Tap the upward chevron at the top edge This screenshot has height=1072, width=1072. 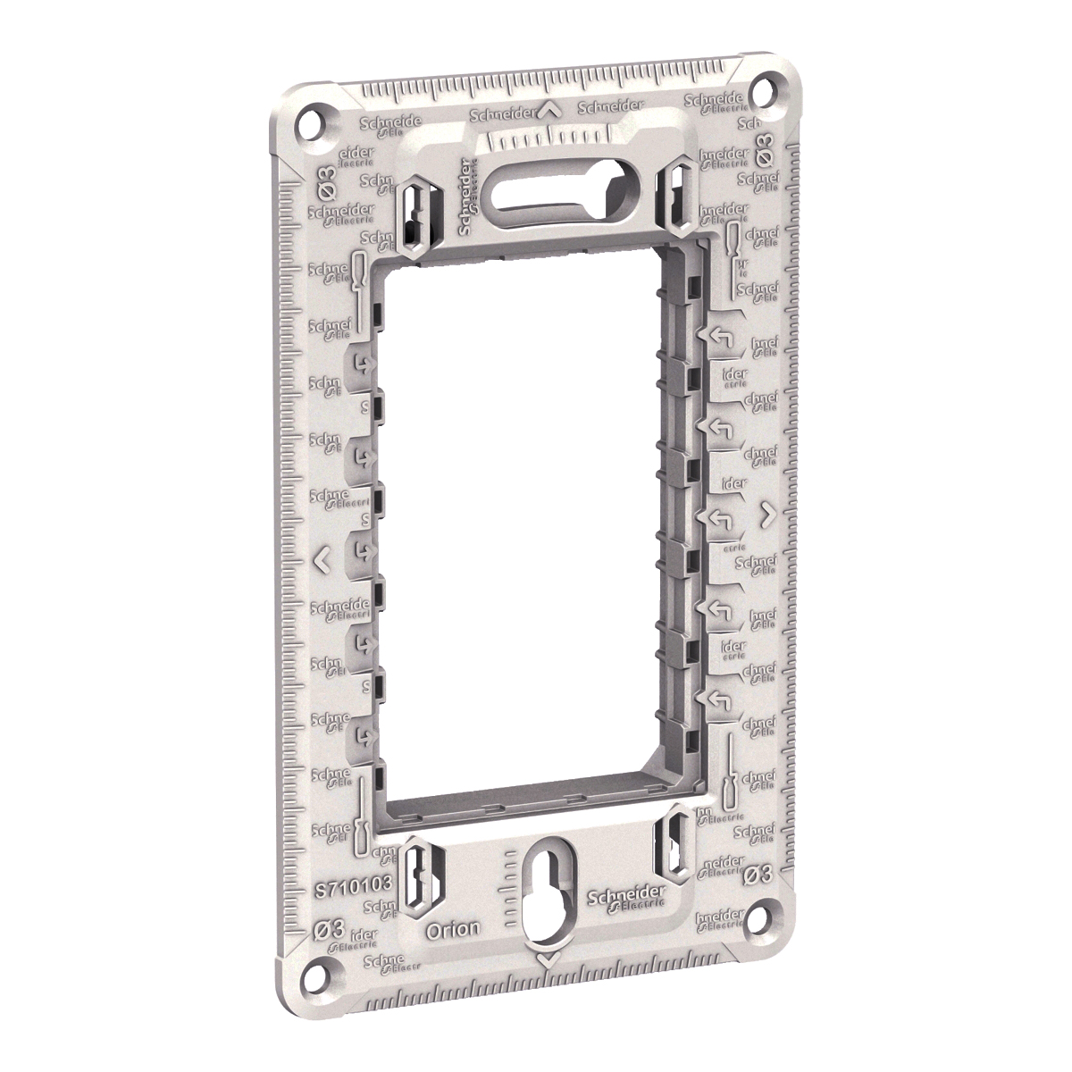[x=550, y=112]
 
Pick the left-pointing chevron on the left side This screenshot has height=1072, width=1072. [x=323, y=560]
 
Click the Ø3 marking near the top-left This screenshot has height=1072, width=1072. [x=322, y=171]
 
